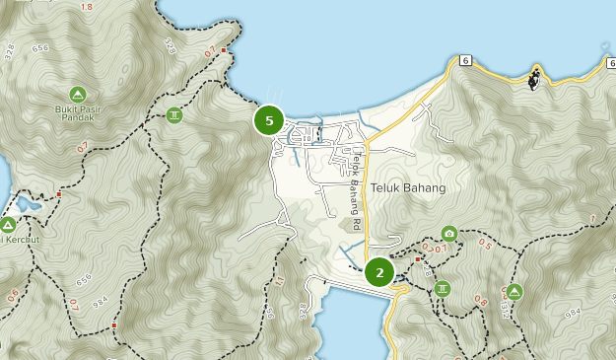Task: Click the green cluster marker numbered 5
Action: tap(268, 120)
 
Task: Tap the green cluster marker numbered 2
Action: tap(379, 271)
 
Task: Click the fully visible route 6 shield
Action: tap(465, 60)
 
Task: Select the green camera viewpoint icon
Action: tap(449, 234)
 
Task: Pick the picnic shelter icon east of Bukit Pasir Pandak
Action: tap(174, 114)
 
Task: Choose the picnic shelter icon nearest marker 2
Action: tap(443, 289)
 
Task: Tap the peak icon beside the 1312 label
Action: tap(514, 291)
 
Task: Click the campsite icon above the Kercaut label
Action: tap(9, 225)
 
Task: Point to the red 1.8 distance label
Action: tap(86, 7)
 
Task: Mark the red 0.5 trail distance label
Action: tap(485, 243)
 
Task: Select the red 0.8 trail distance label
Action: tap(480, 300)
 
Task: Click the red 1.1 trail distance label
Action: tap(280, 283)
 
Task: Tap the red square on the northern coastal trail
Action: tap(224, 49)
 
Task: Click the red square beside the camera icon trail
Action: tap(418, 259)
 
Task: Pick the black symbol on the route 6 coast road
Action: tap(534, 79)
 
